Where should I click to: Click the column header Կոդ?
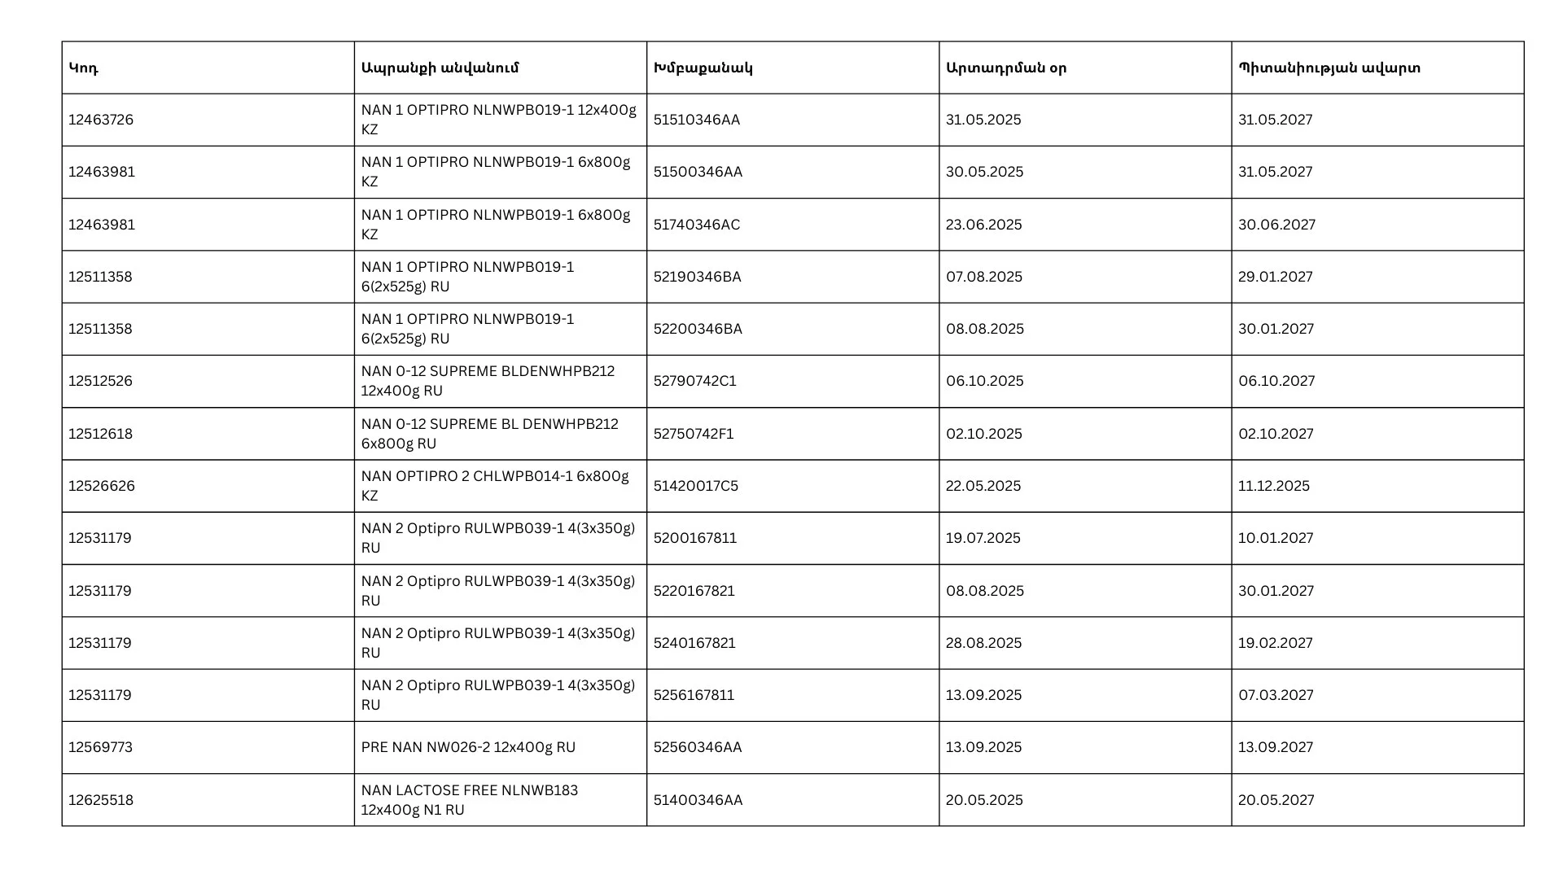(x=83, y=68)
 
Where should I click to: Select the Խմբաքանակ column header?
(x=703, y=68)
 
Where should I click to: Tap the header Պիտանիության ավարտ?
(x=1329, y=68)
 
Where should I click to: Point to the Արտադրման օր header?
(x=1005, y=68)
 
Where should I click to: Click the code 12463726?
(x=101, y=120)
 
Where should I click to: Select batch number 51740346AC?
(x=697, y=225)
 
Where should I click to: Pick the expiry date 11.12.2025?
(x=1274, y=486)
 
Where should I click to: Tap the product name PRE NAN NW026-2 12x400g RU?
(x=468, y=747)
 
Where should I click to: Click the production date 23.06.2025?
(x=983, y=225)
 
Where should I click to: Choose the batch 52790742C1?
(x=694, y=381)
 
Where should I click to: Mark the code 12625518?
(x=101, y=800)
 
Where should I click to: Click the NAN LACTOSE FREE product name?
(x=470, y=800)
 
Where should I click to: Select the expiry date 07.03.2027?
(x=1276, y=695)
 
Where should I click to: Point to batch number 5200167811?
(x=694, y=538)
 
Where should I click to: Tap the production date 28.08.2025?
(x=983, y=643)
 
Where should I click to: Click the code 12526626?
(x=102, y=486)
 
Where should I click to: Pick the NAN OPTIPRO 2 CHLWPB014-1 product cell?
(x=495, y=486)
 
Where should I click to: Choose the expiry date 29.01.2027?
(x=1276, y=277)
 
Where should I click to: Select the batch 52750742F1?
(x=694, y=434)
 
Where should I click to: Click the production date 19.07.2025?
(x=983, y=538)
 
